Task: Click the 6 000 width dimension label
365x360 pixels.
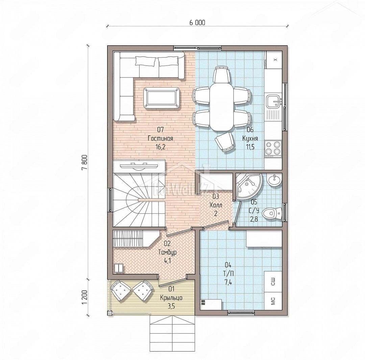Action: pyautogui.click(x=197, y=23)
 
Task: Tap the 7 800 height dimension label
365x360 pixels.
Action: pyautogui.click(x=84, y=162)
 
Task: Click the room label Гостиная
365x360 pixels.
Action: pyautogui.click(x=161, y=138)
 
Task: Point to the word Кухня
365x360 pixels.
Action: pyautogui.click(x=250, y=138)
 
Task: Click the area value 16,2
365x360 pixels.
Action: pyautogui.click(x=161, y=147)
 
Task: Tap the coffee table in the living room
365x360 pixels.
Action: pyautogui.click(x=162, y=98)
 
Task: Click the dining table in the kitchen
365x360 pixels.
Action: pyautogui.click(x=221, y=107)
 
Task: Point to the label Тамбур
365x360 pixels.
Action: pyautogui.click(x=167, y=252)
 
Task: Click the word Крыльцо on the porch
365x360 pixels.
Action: pyautogui.click(x=171, y=298)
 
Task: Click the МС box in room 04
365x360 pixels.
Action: pyautogui.click(x=273, y=301)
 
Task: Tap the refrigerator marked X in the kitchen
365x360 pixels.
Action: pyautogui.click(x=274, y=60)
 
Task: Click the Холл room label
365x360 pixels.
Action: pyautogui.click(x=216, y=205)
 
